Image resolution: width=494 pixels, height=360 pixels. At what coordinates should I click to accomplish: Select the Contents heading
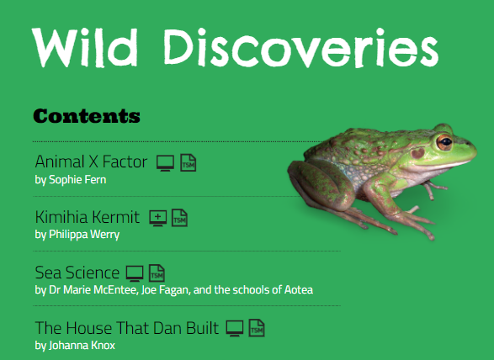coord(86,115)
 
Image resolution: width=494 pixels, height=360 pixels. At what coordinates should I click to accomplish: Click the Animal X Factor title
coord(91,161)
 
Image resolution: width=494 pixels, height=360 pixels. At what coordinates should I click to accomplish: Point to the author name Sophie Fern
coord(71,179)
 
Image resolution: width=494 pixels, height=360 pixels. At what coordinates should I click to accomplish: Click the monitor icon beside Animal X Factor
coord(166,162)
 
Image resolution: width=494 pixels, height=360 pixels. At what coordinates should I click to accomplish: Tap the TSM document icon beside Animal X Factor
coord(188,162)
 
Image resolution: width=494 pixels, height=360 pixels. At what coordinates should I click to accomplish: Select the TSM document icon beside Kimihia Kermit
coord(179,218)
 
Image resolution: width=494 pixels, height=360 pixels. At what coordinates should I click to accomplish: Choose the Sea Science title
coord(77,273)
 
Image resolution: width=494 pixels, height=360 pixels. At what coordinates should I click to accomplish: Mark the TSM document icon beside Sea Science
coord(157,273)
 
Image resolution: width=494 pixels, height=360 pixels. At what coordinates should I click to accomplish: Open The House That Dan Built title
coord(127,328)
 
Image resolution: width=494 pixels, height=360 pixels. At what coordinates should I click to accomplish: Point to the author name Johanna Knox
coord(75,345)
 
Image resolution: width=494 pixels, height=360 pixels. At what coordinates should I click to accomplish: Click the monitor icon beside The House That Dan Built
coord(236,328)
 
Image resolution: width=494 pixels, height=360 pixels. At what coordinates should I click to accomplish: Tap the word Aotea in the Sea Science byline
coord(297,290)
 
